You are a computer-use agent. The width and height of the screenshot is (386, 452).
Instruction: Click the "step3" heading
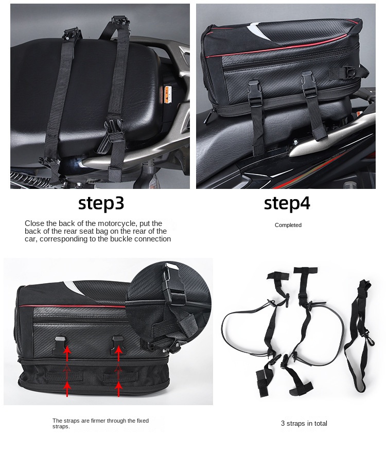pos(101,203)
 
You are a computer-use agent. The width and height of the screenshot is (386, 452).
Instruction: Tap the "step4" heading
pos(287,203)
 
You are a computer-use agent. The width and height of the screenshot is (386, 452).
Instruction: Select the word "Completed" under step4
pos(288,225)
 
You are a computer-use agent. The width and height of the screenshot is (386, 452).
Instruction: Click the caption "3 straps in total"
pos(304,424)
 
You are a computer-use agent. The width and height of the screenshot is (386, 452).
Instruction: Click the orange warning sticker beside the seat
pos(167,95)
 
